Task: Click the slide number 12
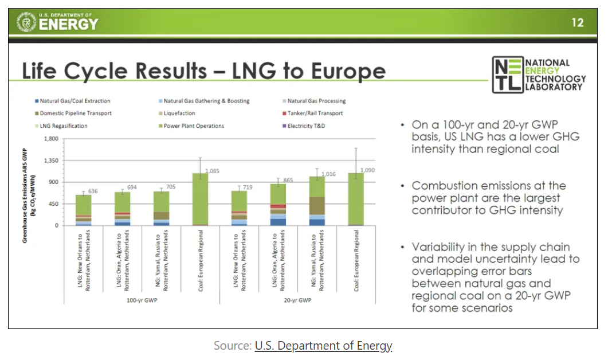[x=577, y=23]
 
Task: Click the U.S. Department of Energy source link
[x=323, y=346]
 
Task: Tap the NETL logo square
[x=508, y=75]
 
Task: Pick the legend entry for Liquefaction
[x=179, y=114]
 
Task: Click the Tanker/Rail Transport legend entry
[x=315, y=114]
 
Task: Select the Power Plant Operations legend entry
[x=194, y=126]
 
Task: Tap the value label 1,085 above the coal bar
[x=212, y=171]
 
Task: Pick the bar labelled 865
[x=278, y=204]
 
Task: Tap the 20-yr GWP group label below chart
[x=297, y=300]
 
